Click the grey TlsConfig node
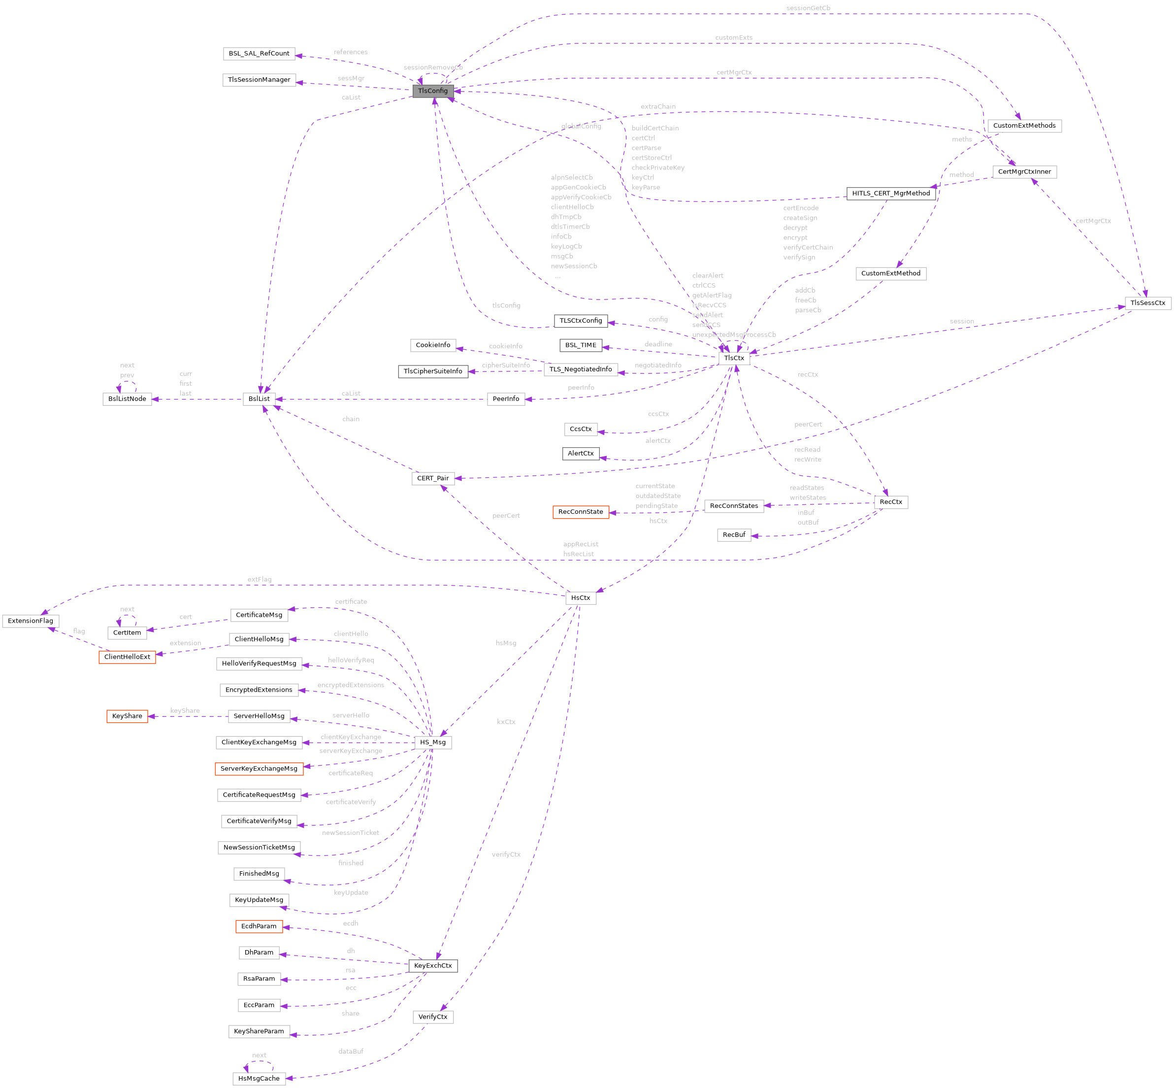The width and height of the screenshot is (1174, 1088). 433,91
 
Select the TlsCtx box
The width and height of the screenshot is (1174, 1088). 734,358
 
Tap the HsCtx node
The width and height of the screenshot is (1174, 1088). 581,597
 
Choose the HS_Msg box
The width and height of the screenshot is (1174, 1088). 433,742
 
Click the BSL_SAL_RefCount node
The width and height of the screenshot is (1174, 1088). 259,54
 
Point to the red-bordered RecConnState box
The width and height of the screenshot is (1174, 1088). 581,512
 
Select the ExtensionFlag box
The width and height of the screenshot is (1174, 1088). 31,621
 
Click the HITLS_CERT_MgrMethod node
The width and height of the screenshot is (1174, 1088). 891,193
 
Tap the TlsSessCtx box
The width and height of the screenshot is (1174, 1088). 1147,302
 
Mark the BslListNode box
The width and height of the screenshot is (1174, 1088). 127,398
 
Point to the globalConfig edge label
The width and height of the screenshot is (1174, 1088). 581,126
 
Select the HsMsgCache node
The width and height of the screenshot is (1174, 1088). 259,1079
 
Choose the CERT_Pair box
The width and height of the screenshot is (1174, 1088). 433,478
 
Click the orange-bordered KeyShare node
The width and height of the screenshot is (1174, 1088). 127,716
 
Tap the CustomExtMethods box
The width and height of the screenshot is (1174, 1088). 1024,126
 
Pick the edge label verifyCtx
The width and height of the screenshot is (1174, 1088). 506,854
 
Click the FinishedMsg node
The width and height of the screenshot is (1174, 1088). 259,874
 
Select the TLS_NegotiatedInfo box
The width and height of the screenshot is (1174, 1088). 581,369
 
